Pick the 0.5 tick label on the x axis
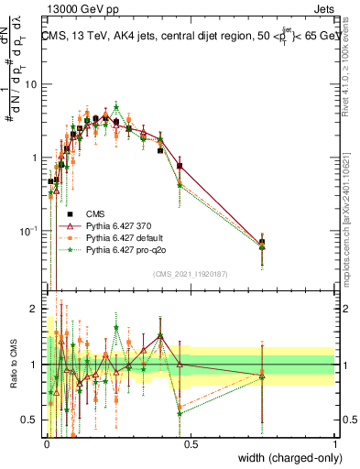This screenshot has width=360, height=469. click(191, 442)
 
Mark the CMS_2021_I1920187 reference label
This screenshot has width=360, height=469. click(190, 273)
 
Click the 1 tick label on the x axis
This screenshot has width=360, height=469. click(335, 442)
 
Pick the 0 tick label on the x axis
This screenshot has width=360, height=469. click(47, 442)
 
